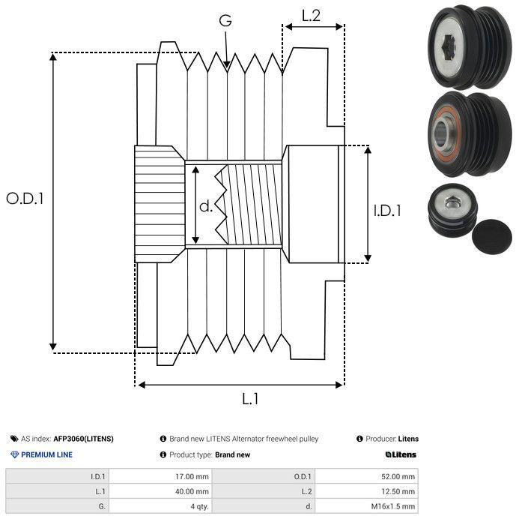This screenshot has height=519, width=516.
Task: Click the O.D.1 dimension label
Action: [25, 199]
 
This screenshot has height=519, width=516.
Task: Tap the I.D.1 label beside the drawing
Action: [387, 211]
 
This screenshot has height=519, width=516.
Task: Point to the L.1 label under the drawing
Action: [250, 398]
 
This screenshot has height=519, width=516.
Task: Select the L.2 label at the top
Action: [311, 16]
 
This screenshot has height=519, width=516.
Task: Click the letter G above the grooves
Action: [225, 20]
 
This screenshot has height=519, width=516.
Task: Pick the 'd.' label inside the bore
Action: [206, 206]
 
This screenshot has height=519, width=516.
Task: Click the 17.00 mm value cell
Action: [192, 477]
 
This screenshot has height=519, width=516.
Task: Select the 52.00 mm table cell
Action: [398, 477]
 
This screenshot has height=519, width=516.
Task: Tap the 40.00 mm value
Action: [192, 491]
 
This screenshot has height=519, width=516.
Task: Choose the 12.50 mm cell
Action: [398, 491]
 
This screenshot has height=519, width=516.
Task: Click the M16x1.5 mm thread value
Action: [392, 506]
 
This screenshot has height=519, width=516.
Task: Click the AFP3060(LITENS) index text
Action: [83, 439]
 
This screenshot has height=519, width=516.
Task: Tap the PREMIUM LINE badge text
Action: [46, 454]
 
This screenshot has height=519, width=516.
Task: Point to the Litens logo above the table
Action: [401, 454]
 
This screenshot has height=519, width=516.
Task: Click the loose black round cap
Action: [492, 236]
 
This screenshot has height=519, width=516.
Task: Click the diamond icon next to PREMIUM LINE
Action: [14, 454]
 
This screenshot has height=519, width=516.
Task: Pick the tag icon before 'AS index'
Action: [14, 439]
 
